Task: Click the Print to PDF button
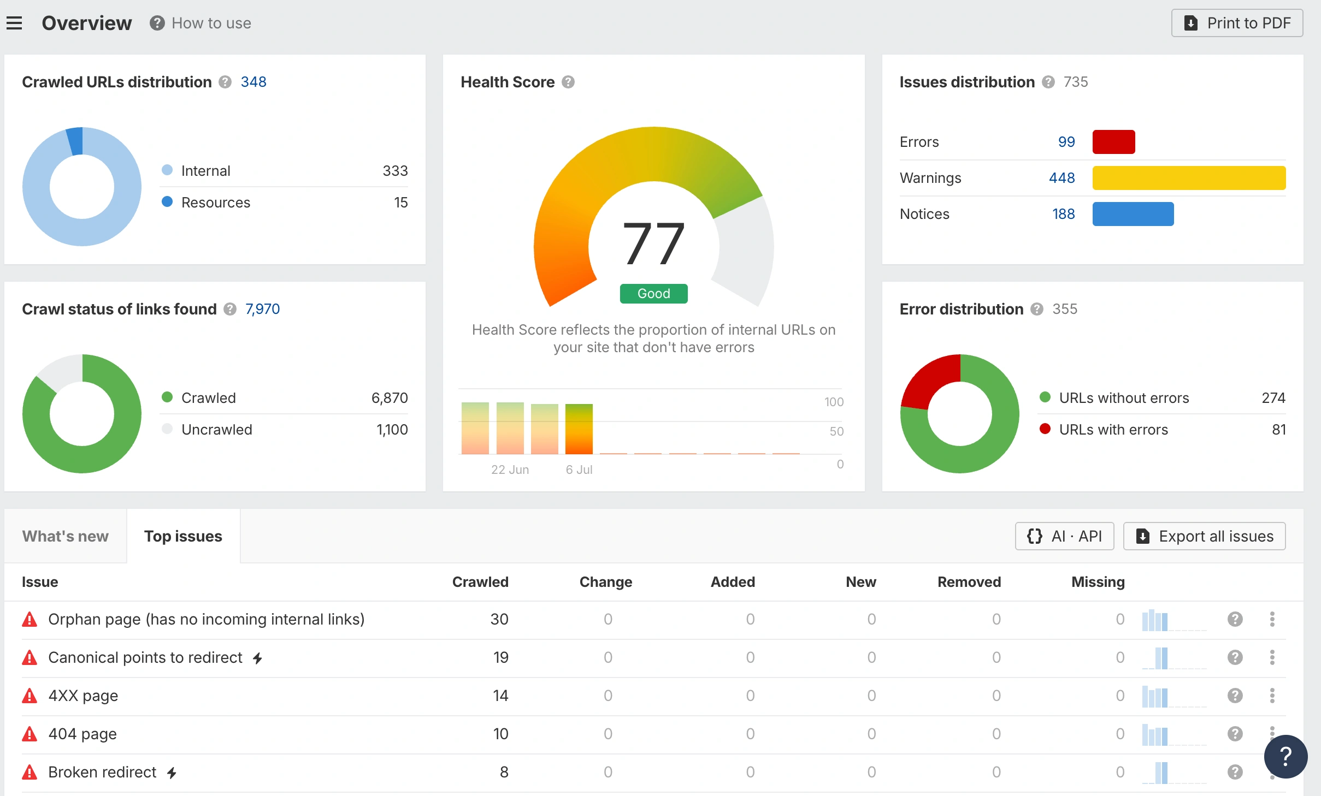[x=1237, y=23]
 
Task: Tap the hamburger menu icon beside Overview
[x=14, y=23]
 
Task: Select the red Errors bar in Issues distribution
[x=1113, y=142]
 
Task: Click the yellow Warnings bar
[x=1189, y=178]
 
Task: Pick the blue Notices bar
[x=1133, y=214]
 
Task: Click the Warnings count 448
[x=1061, y=178]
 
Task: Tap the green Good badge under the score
[x=653, y=294]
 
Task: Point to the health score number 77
[x=653, y=243]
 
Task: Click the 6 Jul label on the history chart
[x=579, y=470]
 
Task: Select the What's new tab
[x=66, y=536]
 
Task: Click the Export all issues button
[x=1205, y=536]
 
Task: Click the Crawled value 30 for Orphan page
[x=499, y=619]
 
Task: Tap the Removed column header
[x=969, y=582]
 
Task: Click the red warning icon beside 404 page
[x=30, y=734]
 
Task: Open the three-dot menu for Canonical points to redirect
[x=1272, y=657]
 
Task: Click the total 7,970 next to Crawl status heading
[x=262, y=309]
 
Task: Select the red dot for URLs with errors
[x=1045, y=429]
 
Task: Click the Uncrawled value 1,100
[x=392, y=430]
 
